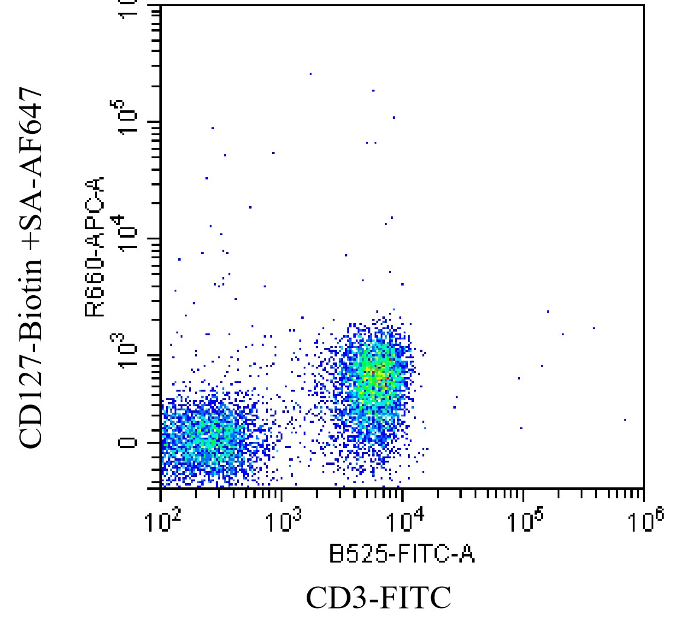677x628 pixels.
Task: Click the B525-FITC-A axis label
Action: [402, 554]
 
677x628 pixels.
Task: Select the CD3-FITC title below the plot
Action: [378, 598]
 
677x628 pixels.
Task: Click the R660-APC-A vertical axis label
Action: [95, 247]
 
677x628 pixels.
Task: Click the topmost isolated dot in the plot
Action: [310, 74]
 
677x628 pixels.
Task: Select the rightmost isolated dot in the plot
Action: [625, 419]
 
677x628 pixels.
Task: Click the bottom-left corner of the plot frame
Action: [161, 489]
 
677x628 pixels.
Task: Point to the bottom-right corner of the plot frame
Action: [644, 489]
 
